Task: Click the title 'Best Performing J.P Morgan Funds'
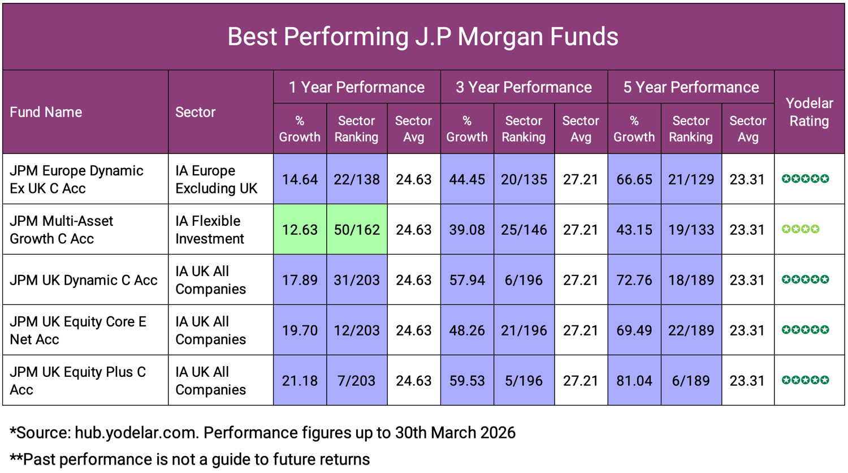point(423,37)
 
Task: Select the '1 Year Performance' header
point(357,87)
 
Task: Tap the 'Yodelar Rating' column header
point(809,112)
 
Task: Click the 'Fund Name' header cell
point(46,112)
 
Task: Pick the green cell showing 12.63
point(300,230)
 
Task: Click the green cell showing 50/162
point(357,230)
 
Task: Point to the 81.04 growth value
point(634,381)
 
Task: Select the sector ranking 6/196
point(523,280)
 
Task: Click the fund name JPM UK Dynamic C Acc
point(84,280)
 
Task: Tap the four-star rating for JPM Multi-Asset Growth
point(800,229)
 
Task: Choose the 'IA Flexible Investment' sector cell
point(209,230)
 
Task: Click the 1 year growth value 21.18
point(300,381)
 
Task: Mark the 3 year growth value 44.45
point(467,179)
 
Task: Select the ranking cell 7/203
point(357,381)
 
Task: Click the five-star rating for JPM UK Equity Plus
point(805,380)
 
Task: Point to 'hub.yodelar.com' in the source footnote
point(136,433)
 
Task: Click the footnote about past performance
point(190,459)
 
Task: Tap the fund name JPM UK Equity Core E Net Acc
point(78,330)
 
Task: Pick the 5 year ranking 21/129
point(691,179)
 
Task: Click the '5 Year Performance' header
point(691,87)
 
